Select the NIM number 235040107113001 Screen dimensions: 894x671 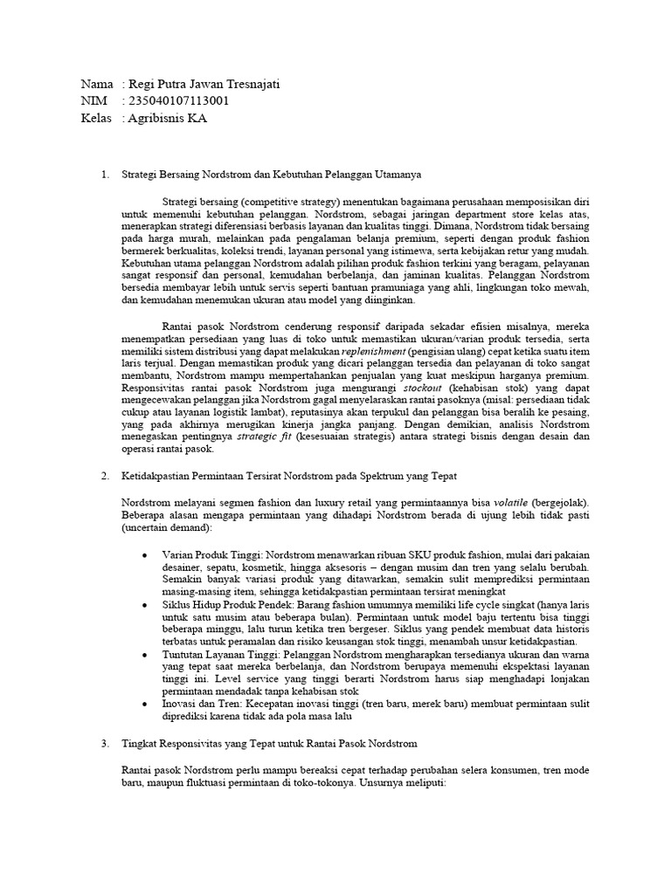pyautogui.click(x=179, y=101)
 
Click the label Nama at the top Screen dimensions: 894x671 pyautogui.click(x=96, y=85)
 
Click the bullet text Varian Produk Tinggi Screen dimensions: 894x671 pyautogui.click(x=213, y=554)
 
